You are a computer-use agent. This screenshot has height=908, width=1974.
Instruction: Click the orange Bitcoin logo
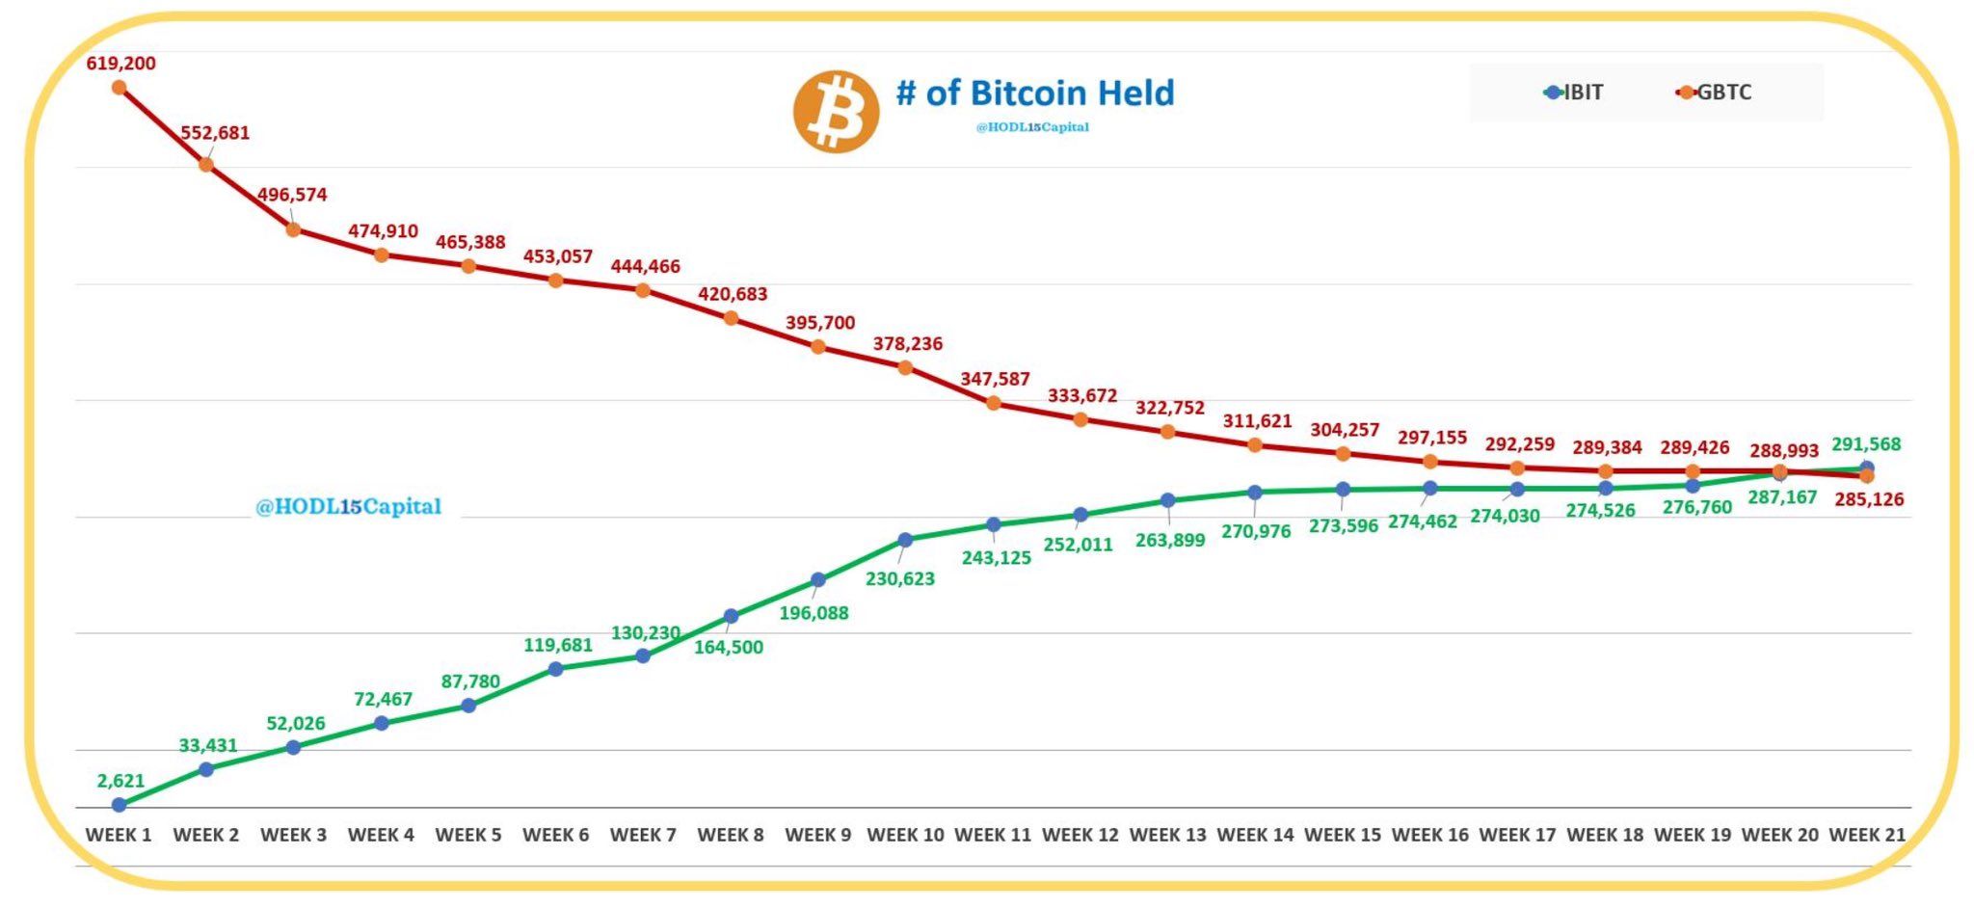[x=836, y=111]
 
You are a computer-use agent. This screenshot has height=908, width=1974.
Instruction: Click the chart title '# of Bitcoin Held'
[x=1035, y=93]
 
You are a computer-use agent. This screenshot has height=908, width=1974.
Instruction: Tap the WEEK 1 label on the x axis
[x=119, y=835]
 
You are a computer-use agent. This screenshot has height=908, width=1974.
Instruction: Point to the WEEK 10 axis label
[x=905, y=835]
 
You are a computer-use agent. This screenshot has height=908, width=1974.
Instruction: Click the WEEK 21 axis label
[x=1867, y=835]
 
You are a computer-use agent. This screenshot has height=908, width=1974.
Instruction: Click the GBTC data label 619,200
[x=120, y=64]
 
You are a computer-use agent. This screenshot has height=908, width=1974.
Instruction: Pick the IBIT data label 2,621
[x=120, y=781]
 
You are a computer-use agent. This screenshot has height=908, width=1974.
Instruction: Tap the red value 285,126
[x=1869, y=499]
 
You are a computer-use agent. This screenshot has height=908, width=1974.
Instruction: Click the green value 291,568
[x=1866, y=444]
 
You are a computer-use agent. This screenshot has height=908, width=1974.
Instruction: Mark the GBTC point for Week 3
[x=293, y=229]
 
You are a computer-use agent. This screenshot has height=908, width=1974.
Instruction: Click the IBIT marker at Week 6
[x=555, y=669]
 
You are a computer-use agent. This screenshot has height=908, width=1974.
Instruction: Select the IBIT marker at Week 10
[x=905, y=540]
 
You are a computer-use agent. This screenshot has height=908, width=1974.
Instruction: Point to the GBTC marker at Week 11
[x=993, y=403]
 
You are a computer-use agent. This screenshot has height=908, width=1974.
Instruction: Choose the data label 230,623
[x=899, y=579]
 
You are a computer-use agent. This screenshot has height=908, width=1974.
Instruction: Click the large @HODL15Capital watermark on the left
[x=348, y=506]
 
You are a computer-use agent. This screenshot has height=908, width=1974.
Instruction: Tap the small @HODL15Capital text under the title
[x=1032, y=127]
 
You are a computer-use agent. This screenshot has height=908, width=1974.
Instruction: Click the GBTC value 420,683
[x=733, y=294]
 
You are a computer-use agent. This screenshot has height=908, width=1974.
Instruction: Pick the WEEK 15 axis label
[x=1342, y=835]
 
